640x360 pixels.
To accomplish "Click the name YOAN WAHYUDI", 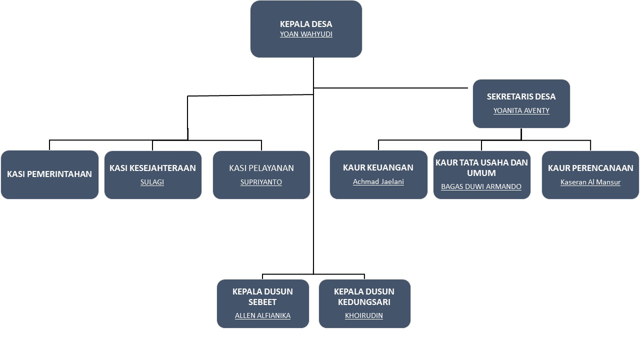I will pyautogui.click(x=306, y=34).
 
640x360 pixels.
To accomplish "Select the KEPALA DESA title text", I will pyautogui.click(x=306, y=24).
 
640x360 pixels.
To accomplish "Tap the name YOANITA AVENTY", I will pyautogui.click(x=521, y=110).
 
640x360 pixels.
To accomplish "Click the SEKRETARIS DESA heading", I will pyautogui.click(x=521, y=96).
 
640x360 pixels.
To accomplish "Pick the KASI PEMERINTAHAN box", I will pyautogui.click(x=49, y=174).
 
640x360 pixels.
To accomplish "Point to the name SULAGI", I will pyautogui.click(x=152, y=182).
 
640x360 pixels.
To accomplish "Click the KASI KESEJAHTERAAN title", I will pyautogui.click(x=152, y=168).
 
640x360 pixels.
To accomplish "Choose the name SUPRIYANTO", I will pyautogui.click(x=261, y=182).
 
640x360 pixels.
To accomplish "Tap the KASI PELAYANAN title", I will pyautogui.click(x=261, y=168).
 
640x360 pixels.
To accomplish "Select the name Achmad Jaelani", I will pyautogui.click(x=378, y=181).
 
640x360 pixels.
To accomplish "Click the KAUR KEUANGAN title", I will pyautogui.click(x=378, y=167).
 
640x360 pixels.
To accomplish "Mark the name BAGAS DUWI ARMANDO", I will pyautogui.click(x=481, y=186).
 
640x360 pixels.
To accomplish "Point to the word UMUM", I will pyautogui.click(x=481, y=173).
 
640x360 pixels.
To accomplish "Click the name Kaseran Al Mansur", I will pyautogui.click(x=590, y=182).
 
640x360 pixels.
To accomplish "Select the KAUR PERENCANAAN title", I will pyautogui.click(x=590, y=168).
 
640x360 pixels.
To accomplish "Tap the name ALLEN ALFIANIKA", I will pyautogui.click(x=262, y=315).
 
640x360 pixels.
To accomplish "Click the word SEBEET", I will pyautogui.click(x=262, y=302).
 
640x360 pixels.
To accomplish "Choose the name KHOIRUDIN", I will pyautogui.click(x=364, y=315).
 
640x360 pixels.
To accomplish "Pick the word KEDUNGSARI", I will pyautogui.click(x=364, y=302).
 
